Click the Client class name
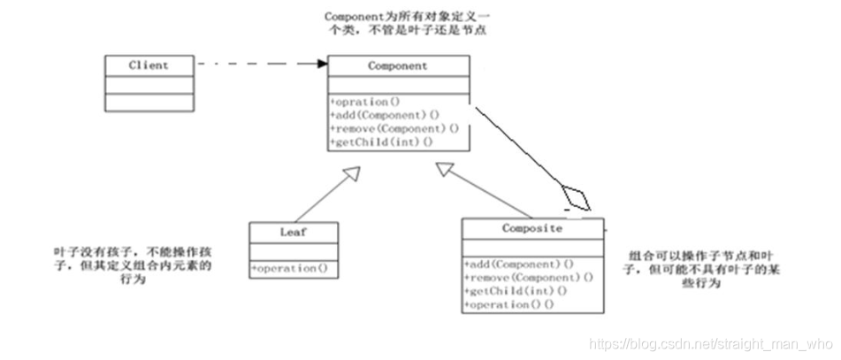point(148,65)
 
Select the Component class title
point(398,66)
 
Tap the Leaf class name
point(294,232)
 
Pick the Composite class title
point(532,228)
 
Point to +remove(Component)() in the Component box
point(394,128)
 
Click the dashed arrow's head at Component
point(321,64)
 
